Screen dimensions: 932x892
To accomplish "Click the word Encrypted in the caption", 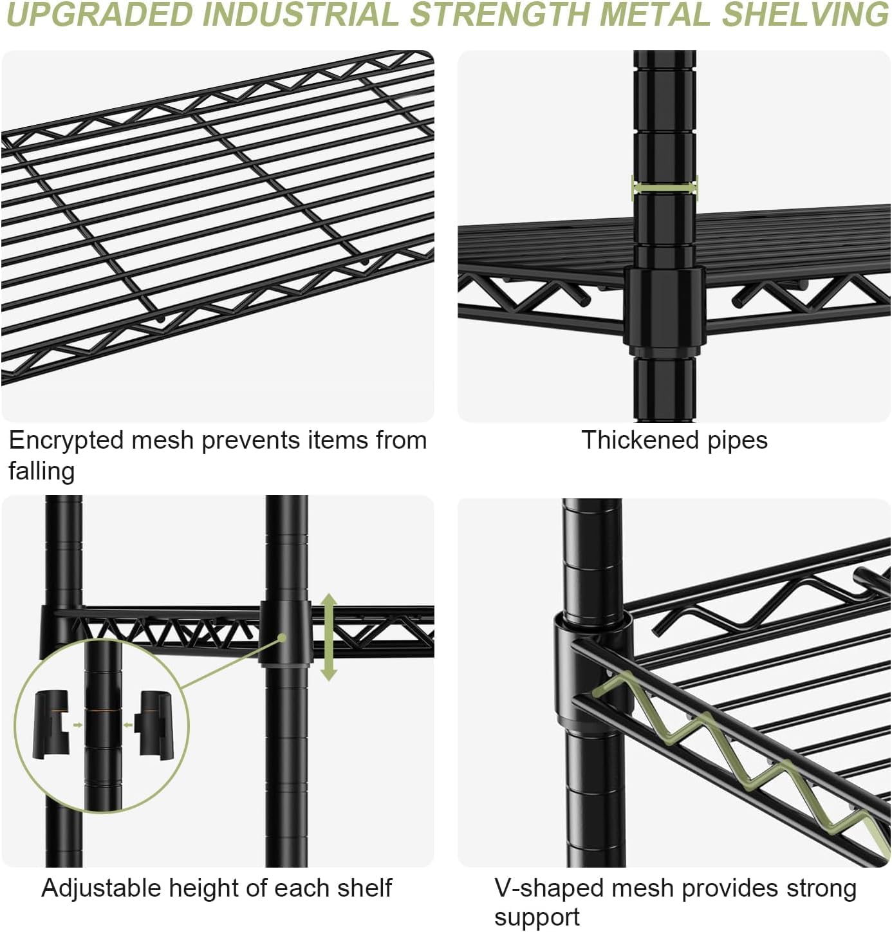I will tap(66, 441).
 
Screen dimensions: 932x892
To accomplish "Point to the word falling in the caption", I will tap(41, 471).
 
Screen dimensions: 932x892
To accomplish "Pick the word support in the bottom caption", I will tap(537, 917).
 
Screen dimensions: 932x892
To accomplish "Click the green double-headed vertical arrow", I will tap(329, 637).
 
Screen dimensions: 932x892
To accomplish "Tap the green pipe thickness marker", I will tap(665, 187).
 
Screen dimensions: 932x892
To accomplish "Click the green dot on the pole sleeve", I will tap(282, 638).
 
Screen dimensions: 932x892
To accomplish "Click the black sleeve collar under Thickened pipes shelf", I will tap(665, 309).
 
